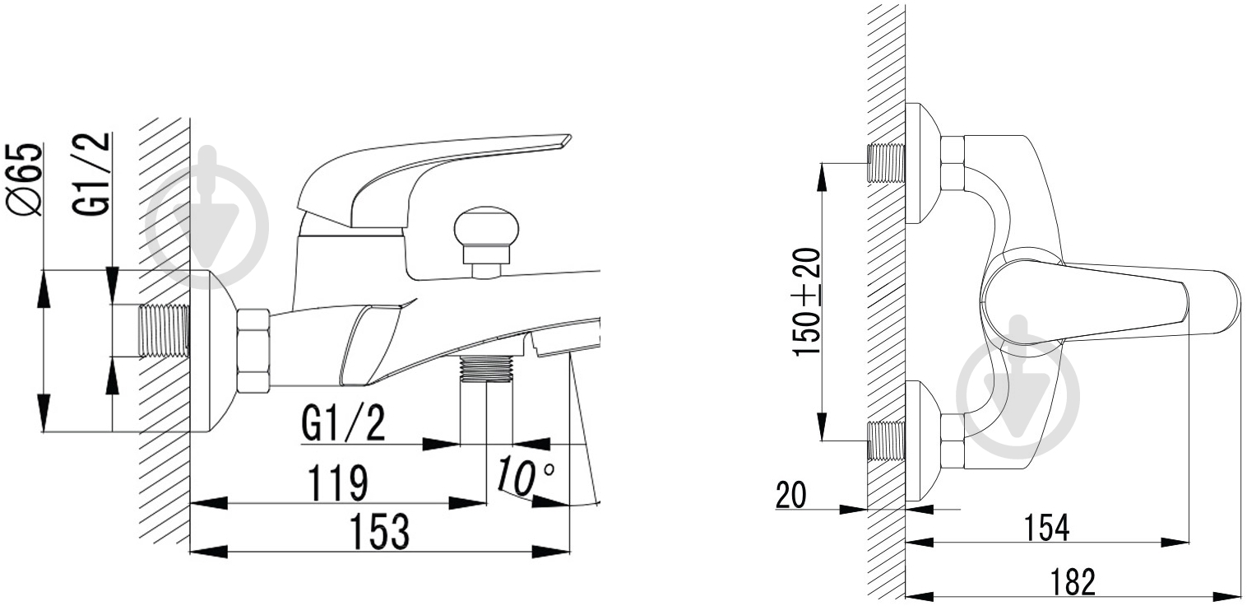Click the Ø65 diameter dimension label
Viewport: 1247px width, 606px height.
click(x=24, y=179)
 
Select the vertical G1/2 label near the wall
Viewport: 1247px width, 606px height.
click(x=91, y=174)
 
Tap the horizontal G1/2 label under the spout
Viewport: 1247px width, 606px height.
click(x=343, y=424)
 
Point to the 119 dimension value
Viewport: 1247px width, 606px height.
click(x=338, y=482)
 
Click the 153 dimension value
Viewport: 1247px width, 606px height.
click(x=380, y=532)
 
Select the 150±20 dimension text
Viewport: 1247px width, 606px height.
click(x=807, y=301)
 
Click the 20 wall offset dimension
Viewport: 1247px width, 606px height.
click(x=791, y=495)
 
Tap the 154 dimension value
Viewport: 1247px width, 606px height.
click(x=1046, y=528)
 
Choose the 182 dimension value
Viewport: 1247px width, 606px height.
click(x=1073, y=582)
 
